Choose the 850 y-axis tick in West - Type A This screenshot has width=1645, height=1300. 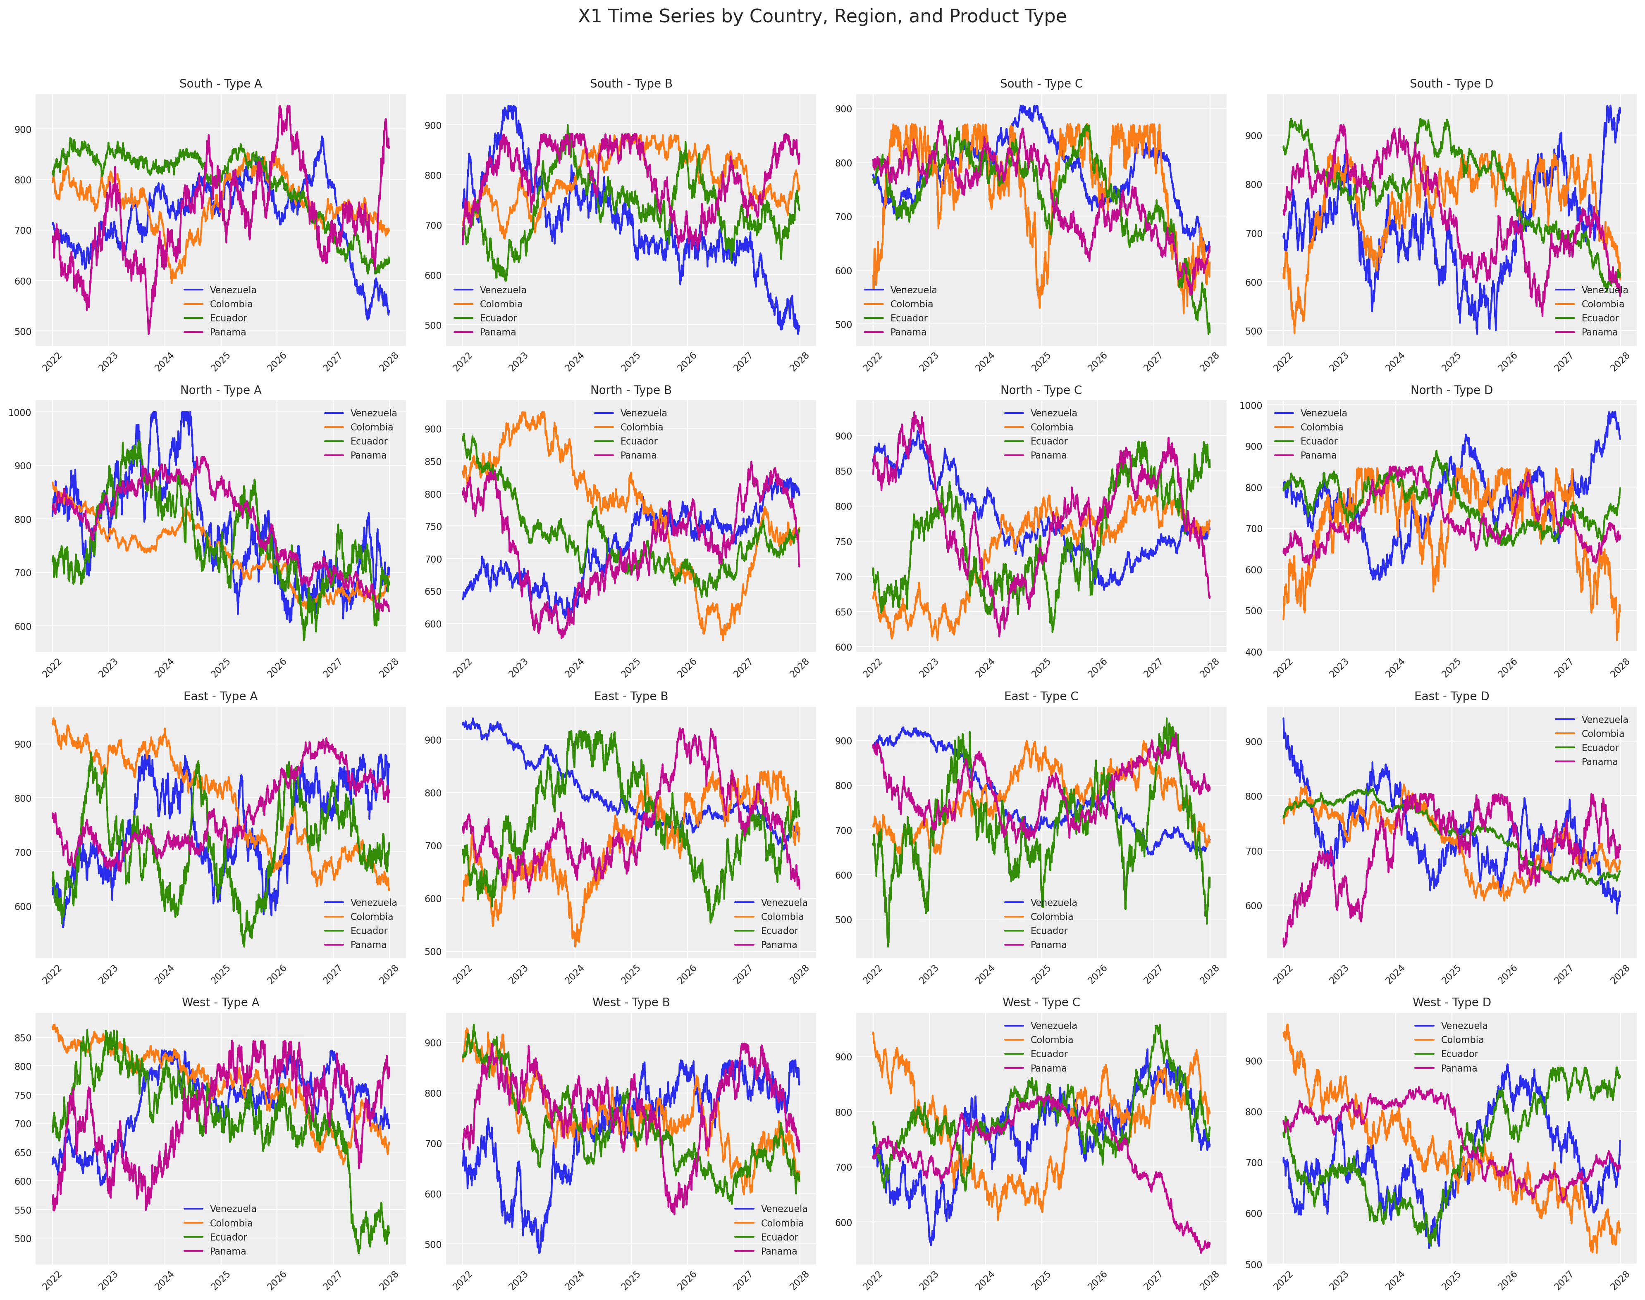coord(21,1038)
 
